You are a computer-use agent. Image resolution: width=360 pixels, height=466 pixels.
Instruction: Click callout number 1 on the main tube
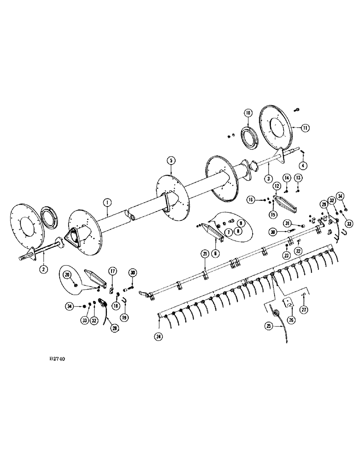tap(107, 202)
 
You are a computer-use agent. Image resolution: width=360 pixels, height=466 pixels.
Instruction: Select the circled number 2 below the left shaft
tap(43, 269)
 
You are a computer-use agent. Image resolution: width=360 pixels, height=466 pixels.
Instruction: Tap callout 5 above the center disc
tap(171, 160)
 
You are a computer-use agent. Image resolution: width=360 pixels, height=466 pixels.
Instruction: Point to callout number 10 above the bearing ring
tap(248, 113)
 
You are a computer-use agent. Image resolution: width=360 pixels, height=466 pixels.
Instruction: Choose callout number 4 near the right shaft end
tap(304, 165)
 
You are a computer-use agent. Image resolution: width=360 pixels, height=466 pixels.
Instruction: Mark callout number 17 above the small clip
tap(112, 271)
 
